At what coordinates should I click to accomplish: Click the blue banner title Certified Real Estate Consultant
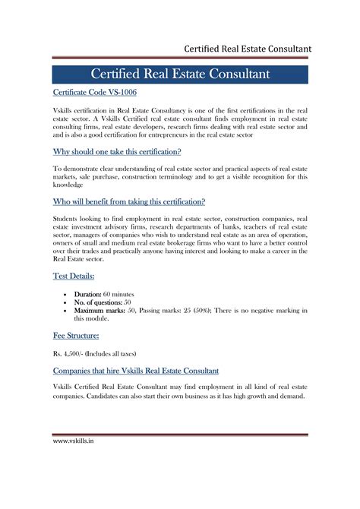point(180,74)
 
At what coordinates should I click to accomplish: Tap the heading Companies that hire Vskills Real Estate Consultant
point(136,371)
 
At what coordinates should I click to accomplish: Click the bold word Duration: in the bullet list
point(91,293)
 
